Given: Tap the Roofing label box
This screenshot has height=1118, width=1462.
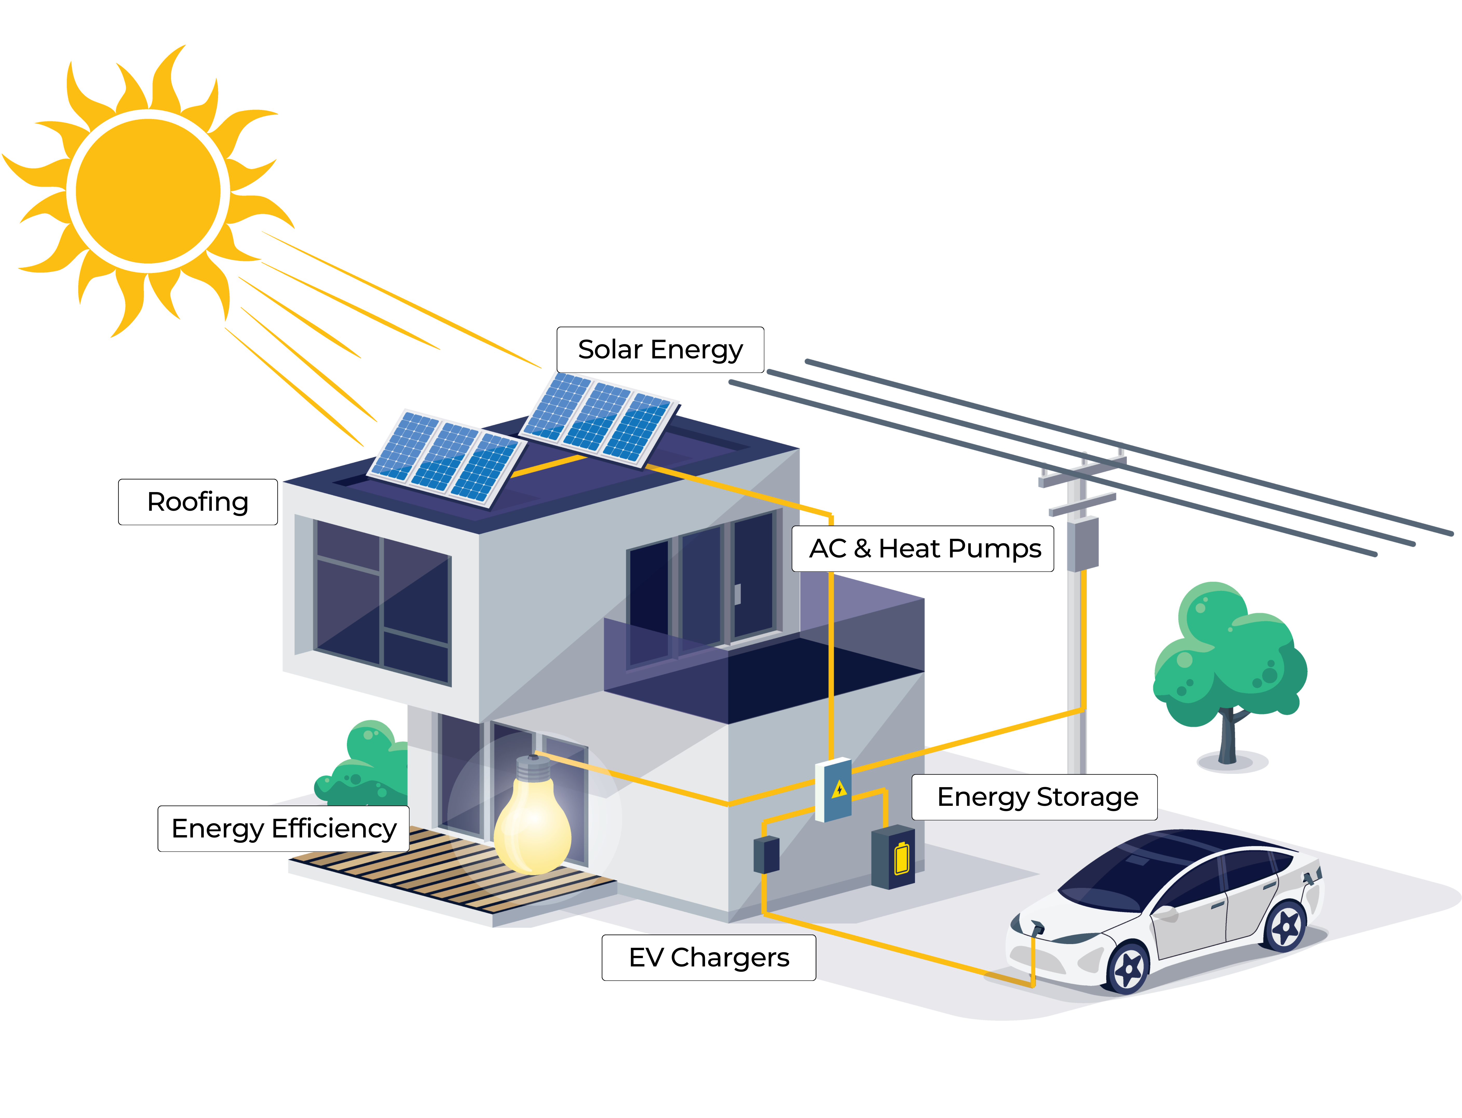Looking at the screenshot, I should coord(198,502).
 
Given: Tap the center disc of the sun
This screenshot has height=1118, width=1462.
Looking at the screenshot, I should coord(148,191).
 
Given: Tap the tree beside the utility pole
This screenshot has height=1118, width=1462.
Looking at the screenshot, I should coord(1228,659).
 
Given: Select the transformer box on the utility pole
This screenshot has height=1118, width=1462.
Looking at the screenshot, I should coord(1082,544).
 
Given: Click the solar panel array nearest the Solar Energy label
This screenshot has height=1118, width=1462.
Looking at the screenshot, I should coord(599,418).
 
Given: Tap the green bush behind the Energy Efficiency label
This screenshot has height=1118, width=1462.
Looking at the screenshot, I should coord(366,765).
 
